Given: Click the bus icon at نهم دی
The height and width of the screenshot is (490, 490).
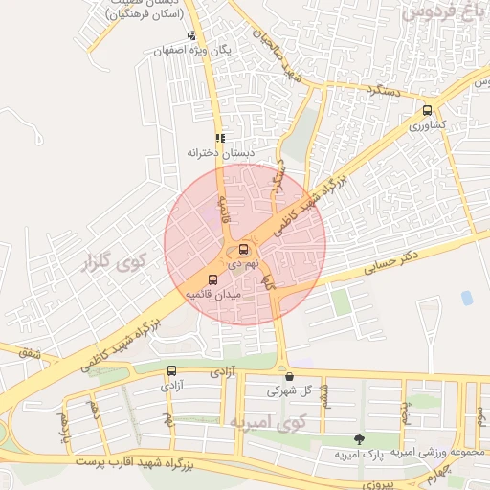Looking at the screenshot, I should click(x=243, y=249).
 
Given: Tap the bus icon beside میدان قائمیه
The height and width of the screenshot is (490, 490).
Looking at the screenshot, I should click(x=212, y=280).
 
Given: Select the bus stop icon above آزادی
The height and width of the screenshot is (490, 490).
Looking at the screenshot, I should click(x=172, y=370).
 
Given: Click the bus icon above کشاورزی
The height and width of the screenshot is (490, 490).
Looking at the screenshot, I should click(x=427, y=110).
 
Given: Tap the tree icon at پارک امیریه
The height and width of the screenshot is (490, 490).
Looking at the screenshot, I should click(x=359, y=439).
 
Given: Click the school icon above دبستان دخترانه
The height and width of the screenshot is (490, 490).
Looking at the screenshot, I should click(x=220, y=138).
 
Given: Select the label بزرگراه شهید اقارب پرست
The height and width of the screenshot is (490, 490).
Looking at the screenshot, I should click(x=144, y=464).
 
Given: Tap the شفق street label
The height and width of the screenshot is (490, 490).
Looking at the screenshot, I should click(x=33, y=354).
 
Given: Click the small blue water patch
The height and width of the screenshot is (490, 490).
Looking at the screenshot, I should click(x=467, y=298).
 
